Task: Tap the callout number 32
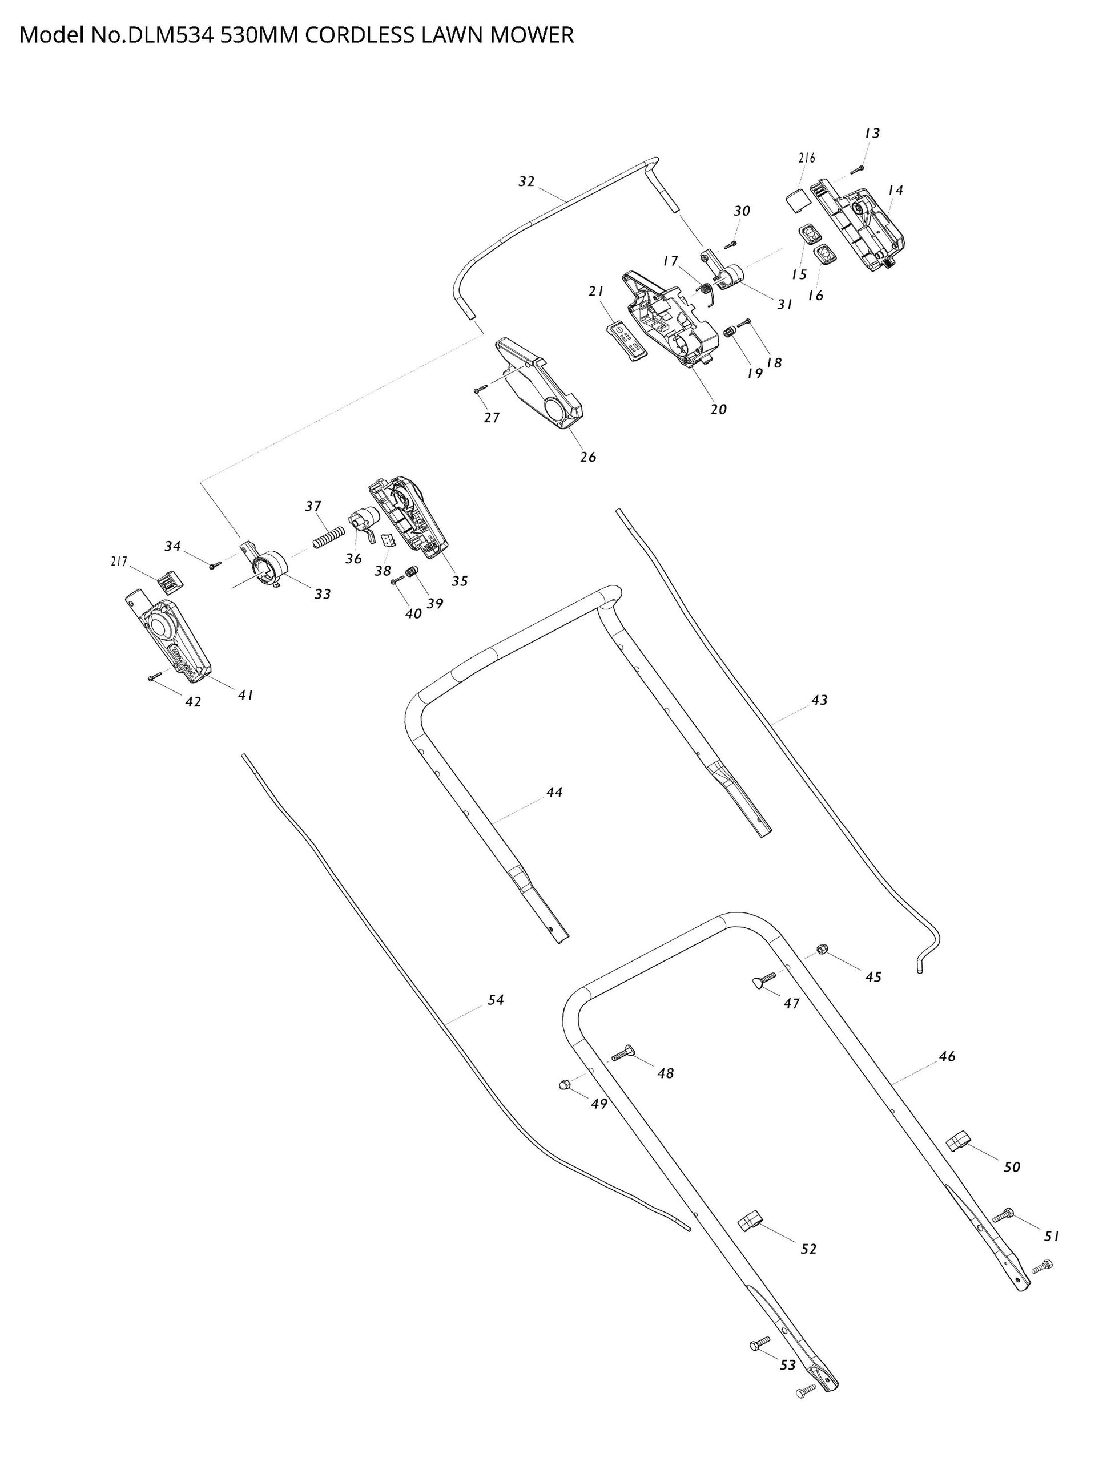pos(526,181)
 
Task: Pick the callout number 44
pos(554,792)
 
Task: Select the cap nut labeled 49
pos(564,1085)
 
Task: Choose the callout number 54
pos(496,999)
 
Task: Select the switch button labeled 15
pos(808,233)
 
